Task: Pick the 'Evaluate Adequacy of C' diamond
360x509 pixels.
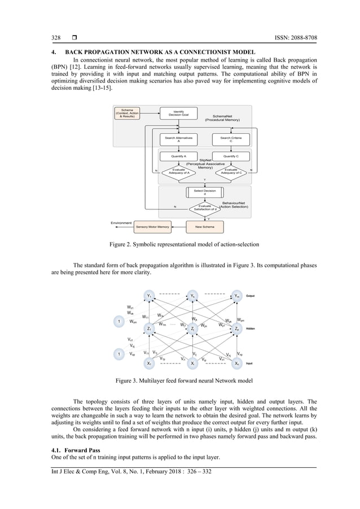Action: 231,170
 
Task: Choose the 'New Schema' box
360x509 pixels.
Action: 204,227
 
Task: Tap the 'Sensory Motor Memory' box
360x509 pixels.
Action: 153,227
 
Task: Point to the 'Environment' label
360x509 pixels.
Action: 121,223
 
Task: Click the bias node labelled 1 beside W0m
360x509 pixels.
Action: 119,321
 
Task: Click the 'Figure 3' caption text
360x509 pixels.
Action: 179,382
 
